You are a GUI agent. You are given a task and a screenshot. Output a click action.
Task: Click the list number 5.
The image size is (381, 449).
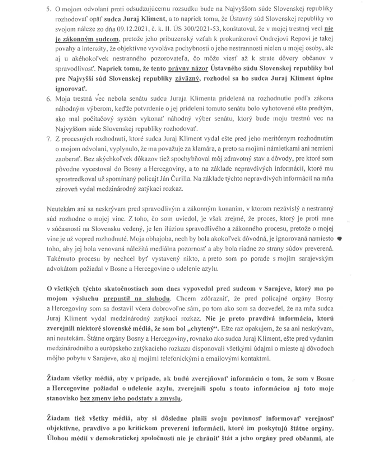click(48, 9)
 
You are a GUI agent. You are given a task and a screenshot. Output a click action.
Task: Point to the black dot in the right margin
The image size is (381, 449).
click(339, 239)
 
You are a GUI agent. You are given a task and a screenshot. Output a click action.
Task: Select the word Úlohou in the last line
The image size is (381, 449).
click(58, 438)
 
